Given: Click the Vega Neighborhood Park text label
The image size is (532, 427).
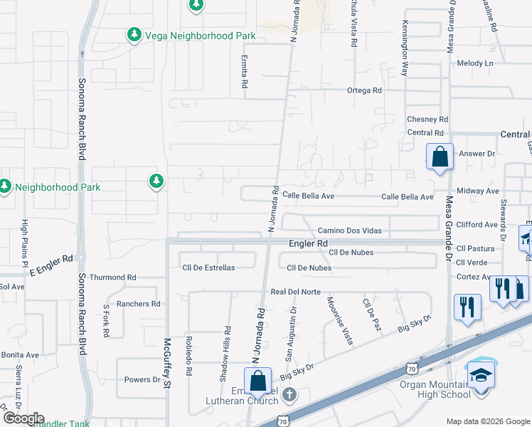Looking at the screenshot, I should point(191,34).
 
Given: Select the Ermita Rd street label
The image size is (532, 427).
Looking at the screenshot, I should point(244,72).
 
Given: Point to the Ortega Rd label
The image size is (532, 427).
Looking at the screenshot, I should point(364,90).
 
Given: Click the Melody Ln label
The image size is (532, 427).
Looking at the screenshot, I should point(475,63).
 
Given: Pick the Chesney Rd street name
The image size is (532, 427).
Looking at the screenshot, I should point(427,119).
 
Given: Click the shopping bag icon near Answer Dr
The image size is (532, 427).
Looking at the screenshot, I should point(440,156).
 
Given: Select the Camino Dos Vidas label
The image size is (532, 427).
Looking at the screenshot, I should point(349,231).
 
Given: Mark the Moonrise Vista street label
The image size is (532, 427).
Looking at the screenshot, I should point(339,320).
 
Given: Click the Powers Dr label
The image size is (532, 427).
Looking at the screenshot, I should point(142,379).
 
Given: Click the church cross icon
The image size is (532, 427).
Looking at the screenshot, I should point(289,394).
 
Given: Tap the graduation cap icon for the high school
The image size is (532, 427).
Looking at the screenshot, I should point(481,374).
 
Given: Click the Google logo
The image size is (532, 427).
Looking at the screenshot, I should point(23,418).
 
